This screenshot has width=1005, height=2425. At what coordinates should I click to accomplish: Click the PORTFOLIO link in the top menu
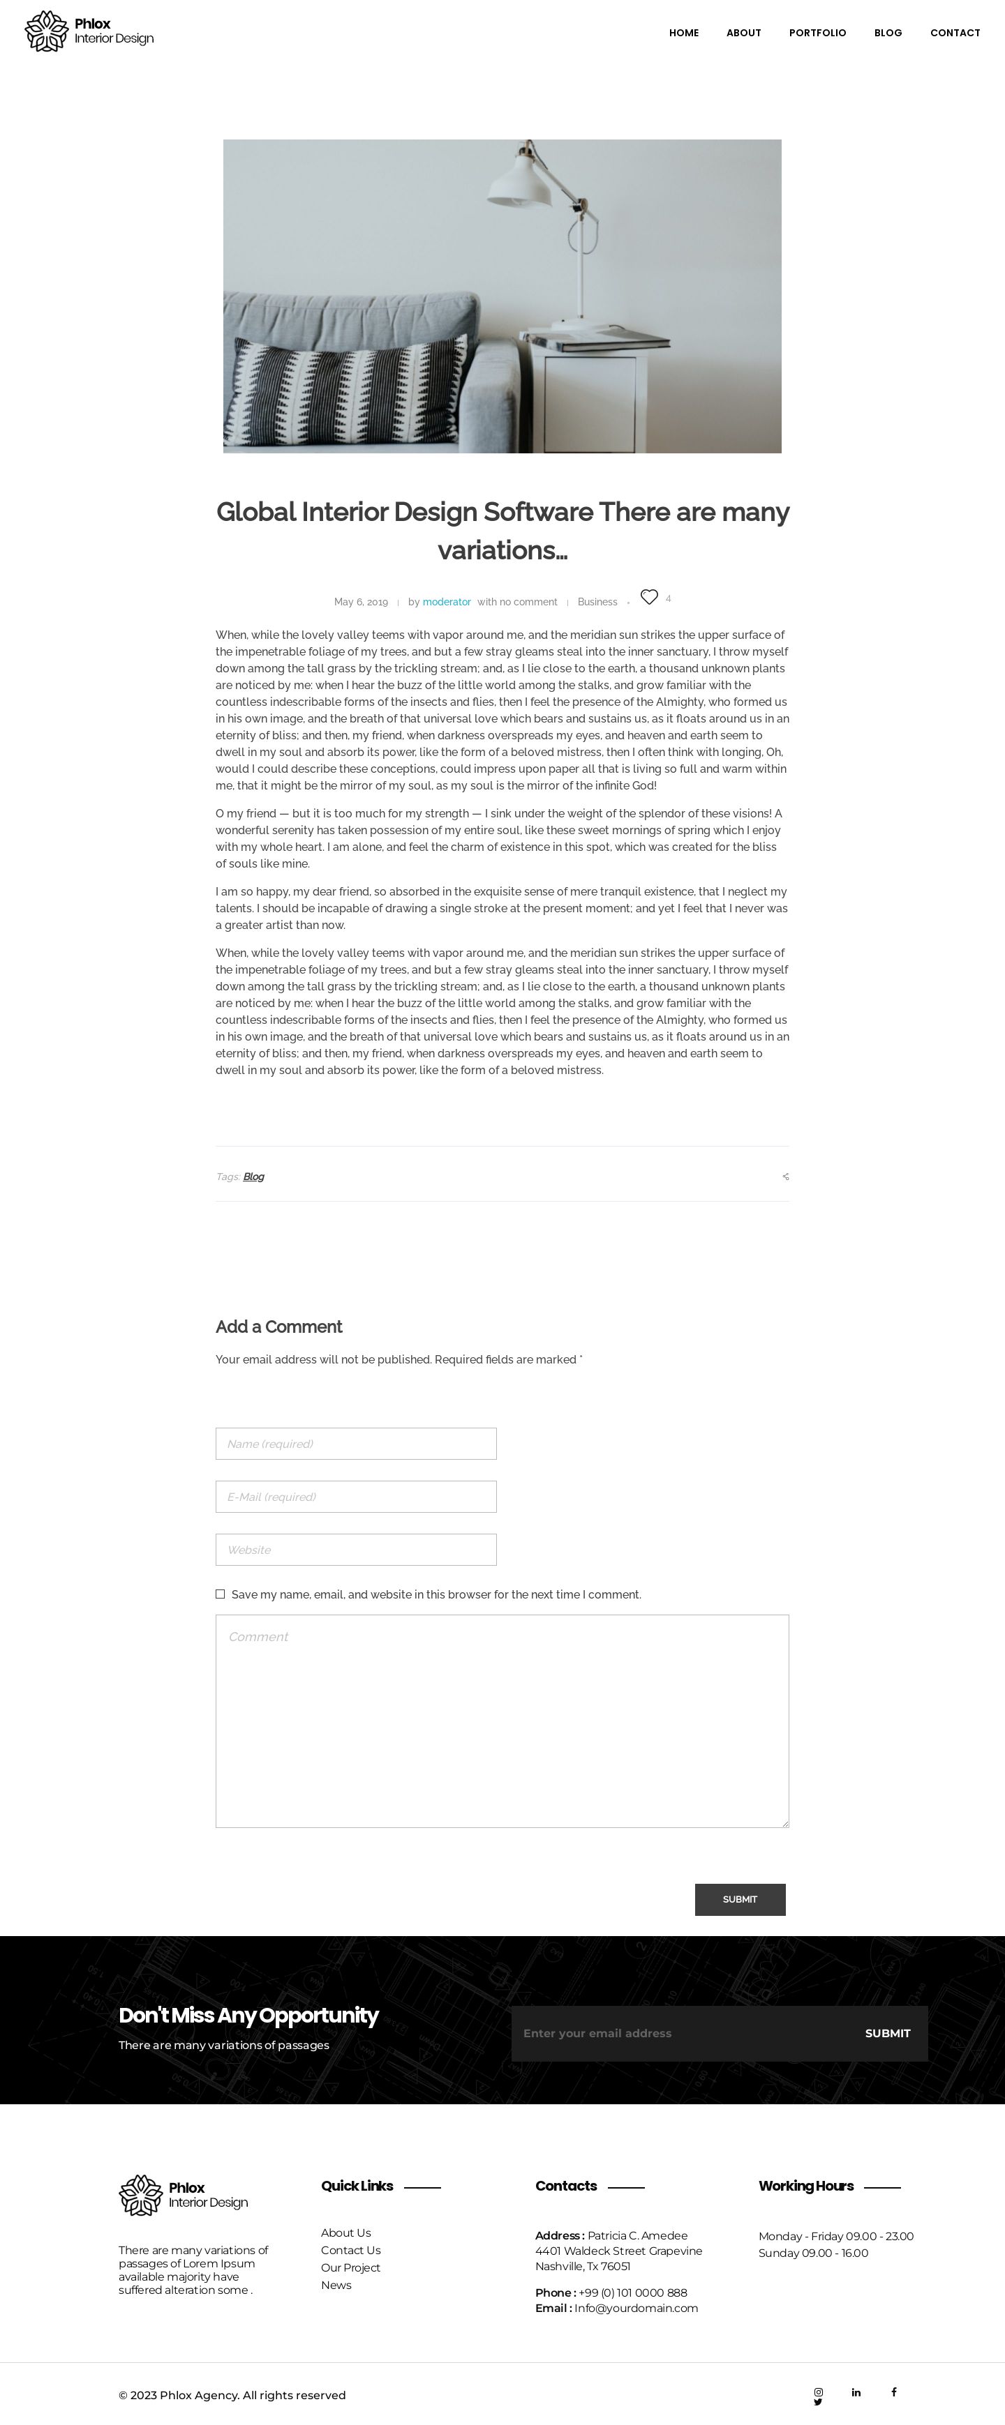[817, 33]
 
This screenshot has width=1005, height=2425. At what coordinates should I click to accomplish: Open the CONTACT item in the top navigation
[954, 33]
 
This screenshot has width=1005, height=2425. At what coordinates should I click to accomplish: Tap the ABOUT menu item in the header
[743, 33]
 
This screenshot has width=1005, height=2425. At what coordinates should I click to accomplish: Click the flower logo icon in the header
[46, 31]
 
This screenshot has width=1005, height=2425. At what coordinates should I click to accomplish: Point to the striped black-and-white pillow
[348, 388]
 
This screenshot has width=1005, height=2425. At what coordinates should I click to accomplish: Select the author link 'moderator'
[447, 603]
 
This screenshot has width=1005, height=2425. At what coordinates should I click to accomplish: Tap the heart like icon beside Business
[649, 597]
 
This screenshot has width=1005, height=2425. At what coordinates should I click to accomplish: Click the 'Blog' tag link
[253, 1177]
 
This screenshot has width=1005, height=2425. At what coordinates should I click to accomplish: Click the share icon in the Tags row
[786, 1177]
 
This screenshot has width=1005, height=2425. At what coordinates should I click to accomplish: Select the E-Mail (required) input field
[356, 1497]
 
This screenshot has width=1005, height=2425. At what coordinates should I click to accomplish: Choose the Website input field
[356, 1550]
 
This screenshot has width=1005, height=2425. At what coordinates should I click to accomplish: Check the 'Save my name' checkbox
[221, 1594]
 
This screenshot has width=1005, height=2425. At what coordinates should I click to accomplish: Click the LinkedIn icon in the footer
[856, 2392]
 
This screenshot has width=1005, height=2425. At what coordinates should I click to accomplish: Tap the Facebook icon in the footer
[894, 2392]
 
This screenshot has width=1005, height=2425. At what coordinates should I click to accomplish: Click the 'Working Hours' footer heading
[805, 2186]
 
